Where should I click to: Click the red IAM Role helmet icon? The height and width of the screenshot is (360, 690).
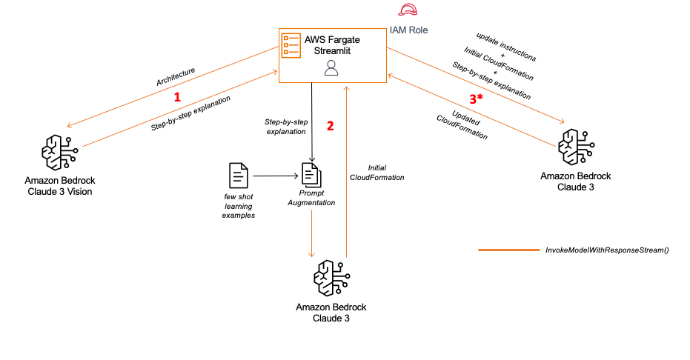coord(408,10)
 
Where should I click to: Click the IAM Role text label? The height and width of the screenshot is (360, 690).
coord(408,30)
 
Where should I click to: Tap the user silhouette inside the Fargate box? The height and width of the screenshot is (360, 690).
coord(331,68)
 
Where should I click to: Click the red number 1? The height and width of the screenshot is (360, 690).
coord(176,97)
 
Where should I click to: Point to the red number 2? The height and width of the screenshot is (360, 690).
coord(331,125)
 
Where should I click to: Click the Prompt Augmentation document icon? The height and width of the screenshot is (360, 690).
coord(311,175)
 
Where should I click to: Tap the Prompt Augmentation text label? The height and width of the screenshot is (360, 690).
coord(311,198)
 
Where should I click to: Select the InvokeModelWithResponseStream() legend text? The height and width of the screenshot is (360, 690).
coord(606,250)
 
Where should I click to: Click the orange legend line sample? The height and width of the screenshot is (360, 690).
coord(508,250)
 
